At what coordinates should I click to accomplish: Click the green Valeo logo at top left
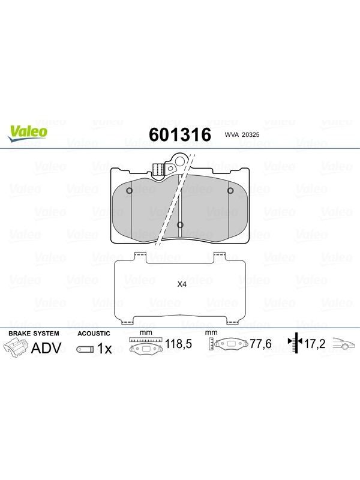(28, 134)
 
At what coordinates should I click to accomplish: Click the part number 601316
(180, 134)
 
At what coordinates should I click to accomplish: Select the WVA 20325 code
(242, 134)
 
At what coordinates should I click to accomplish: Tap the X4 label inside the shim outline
(182, 284)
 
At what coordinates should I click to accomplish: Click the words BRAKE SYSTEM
(34, 334)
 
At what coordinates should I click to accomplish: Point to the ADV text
(46, 348)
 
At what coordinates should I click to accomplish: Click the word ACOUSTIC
(94, 334)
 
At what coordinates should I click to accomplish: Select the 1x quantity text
(104, 349)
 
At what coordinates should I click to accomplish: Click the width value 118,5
(178, 344)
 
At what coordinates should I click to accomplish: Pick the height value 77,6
(261, 344)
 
